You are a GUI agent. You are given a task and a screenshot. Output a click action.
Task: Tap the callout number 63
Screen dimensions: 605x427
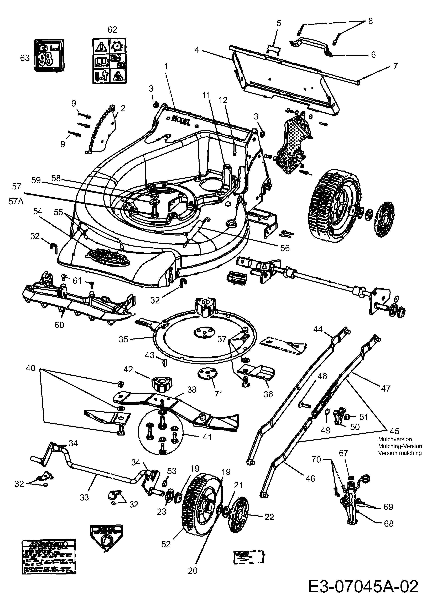coord(25,58)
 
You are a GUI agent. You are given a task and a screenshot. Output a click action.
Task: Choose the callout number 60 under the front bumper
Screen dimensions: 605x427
coord(59,325)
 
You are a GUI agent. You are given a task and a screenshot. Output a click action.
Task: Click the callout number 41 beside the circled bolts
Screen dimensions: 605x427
coord(207,437)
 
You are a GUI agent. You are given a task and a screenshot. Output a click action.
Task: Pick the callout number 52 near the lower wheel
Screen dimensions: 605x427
coord(166,544)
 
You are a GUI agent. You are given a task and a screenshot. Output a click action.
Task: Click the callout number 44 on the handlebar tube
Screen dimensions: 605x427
coord(318,329)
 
